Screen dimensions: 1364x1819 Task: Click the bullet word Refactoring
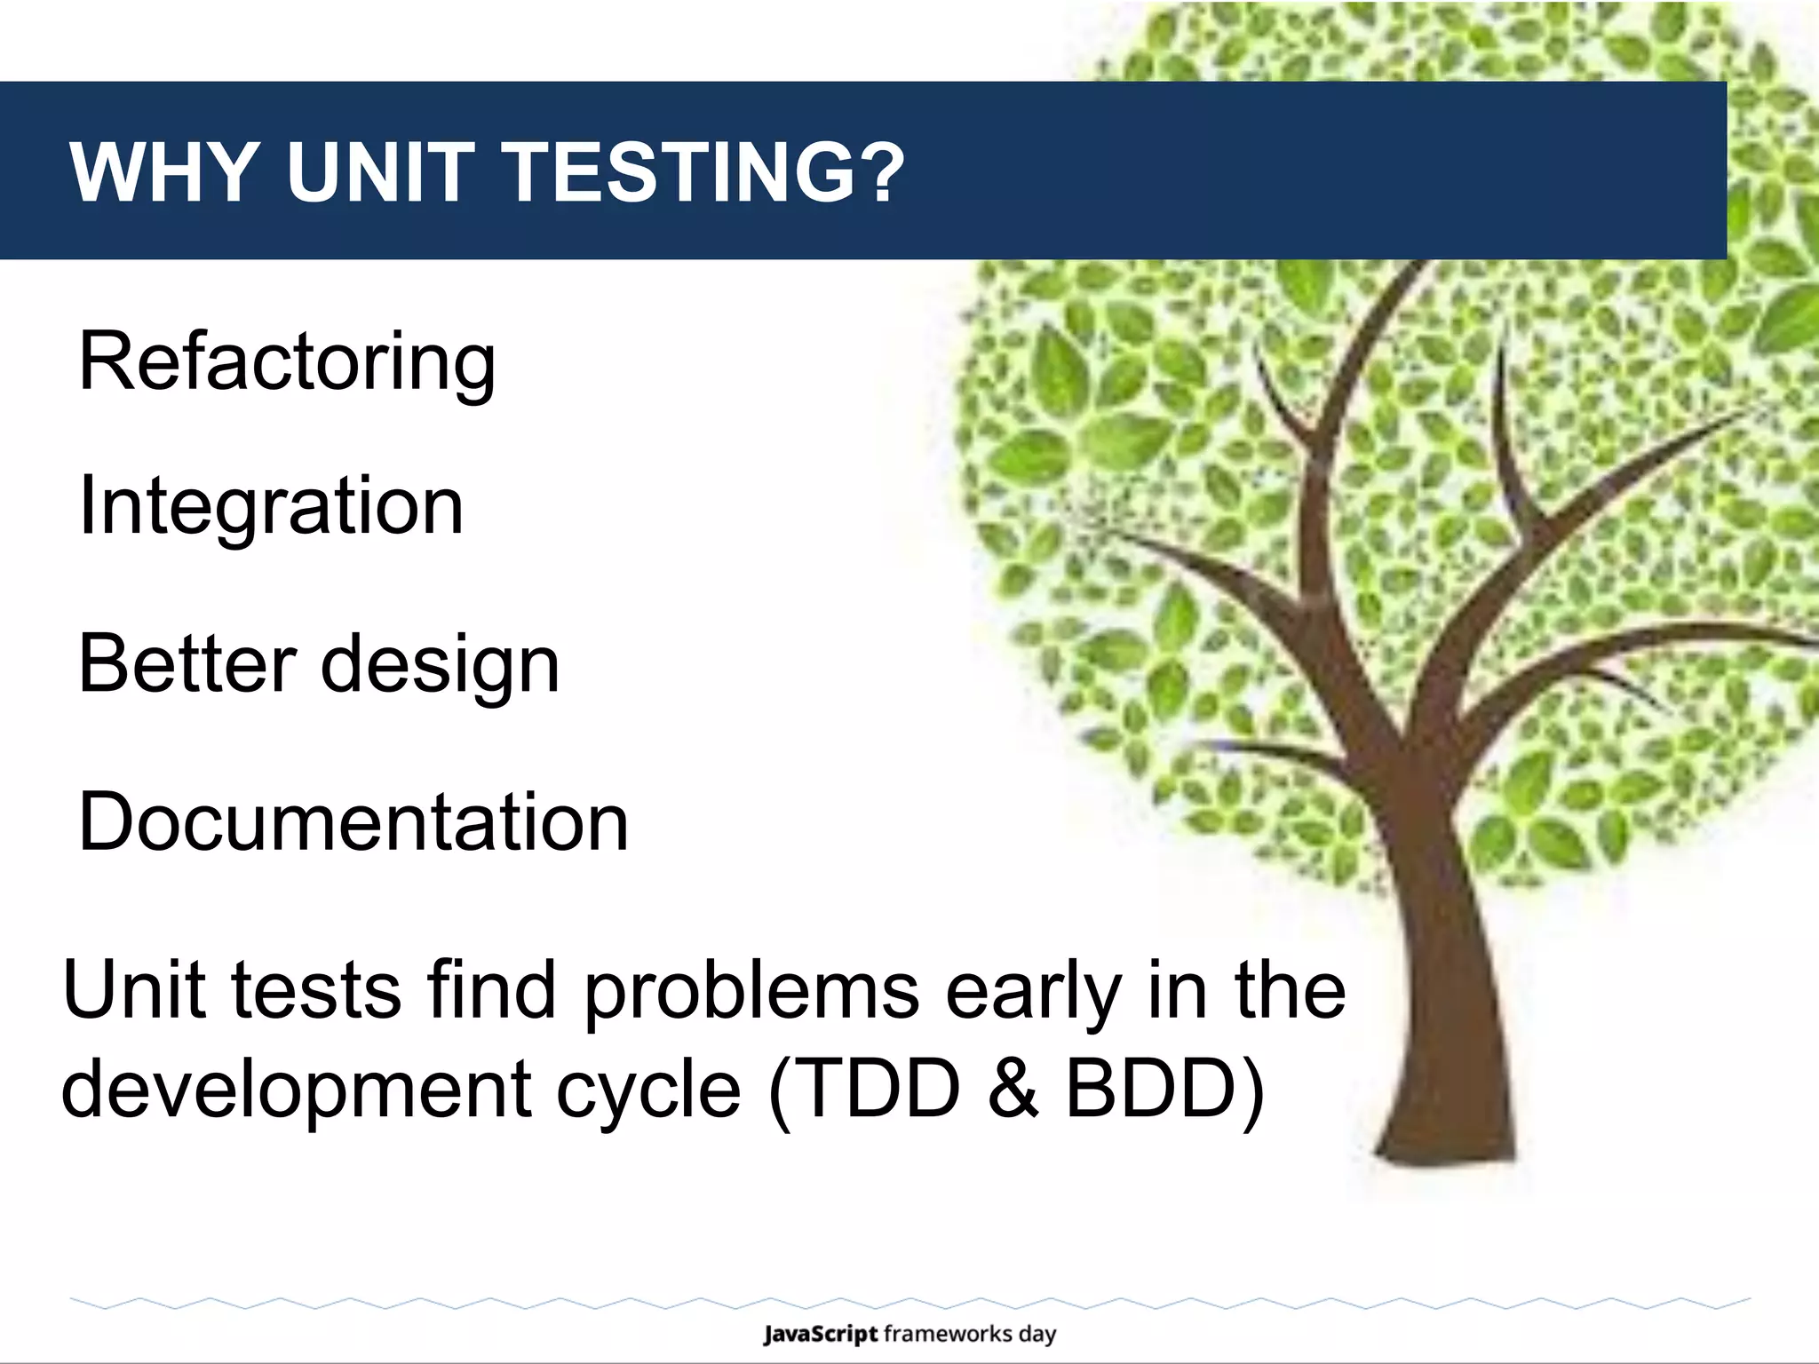coord(287,362)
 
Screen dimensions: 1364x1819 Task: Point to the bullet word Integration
coord(271,505)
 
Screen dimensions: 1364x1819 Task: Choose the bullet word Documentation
coord(353,821)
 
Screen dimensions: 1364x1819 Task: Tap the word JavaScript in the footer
coord(820,1334)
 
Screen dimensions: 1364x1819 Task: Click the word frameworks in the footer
coord(948,1334)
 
